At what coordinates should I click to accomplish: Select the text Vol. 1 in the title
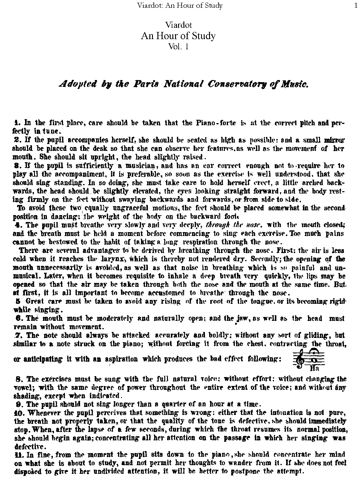point(178,47)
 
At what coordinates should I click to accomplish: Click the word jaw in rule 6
point(239,318)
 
